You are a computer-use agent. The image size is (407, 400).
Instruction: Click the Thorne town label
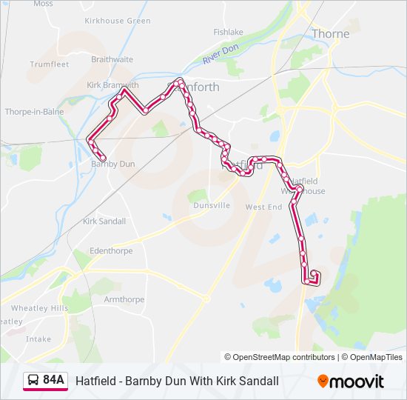pyautogui.click(x=330, y=33)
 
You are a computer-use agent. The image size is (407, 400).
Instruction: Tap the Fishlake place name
pyautogui.click(x=228, y=32)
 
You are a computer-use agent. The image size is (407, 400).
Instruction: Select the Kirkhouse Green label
pyautogui.click(x=118, y=21)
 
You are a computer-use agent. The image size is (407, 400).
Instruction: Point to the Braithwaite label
pyautogui.click(x=112, y=59)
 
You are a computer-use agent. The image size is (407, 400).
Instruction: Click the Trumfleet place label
pyautogui.click(x=49, y=64)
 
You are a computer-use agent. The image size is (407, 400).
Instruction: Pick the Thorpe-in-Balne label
pyautogui.click(x=35, y=112)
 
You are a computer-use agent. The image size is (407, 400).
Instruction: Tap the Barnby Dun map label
pyautogui.click(x=112, y=164)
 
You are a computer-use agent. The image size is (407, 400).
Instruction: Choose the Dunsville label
pyautogui.click(x=212, y=205)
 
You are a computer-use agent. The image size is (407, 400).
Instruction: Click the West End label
pyautogui.click(x=264, y=207)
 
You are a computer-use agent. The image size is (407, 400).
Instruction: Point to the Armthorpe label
pyautogui.click(x=124, y=299)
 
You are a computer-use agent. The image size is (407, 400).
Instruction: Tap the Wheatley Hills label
pyautogui.click(x=39, y=308)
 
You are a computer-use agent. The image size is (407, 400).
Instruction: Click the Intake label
pyautogui.click(x=38, y=339)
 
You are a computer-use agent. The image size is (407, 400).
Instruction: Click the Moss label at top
pyautogui.click(x=43, y=4)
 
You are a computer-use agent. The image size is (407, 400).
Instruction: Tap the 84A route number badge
pyautogui.click(x=53, y=381)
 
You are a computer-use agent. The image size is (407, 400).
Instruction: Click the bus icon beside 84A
pyautogui.click(x=33, y=381)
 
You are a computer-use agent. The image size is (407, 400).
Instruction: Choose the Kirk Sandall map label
pyautogui.click(x=104, y=221)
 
